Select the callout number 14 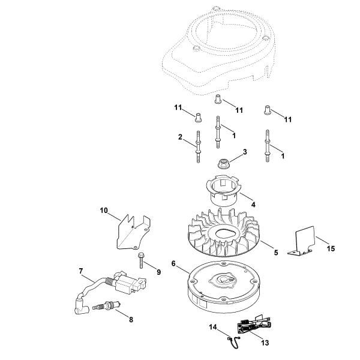(212, 328)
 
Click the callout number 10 (103, 211)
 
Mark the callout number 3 (244, 153)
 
